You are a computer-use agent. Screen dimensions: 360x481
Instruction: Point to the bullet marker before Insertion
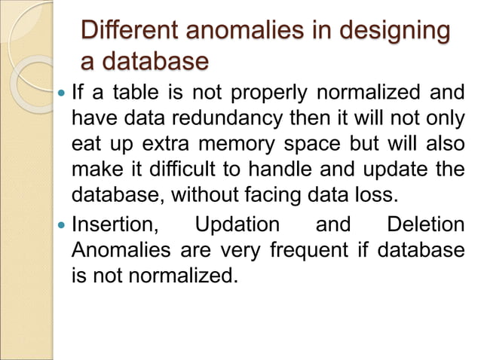coord(62,224)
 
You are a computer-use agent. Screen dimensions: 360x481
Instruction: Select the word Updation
coord(236,224)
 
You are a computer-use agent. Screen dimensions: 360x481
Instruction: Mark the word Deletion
coord(424,224)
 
